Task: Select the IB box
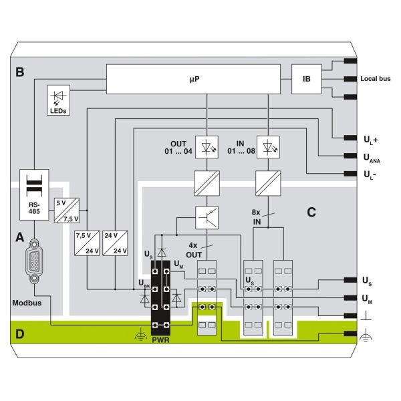tap(306, 79)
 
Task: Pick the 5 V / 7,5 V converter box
tap(68, 210)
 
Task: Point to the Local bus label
tap(376, 79)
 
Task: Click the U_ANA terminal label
tap(372, 158)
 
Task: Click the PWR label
tap(160, 340)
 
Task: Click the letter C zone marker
tap(311, 213)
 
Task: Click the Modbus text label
tap(27, 303)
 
